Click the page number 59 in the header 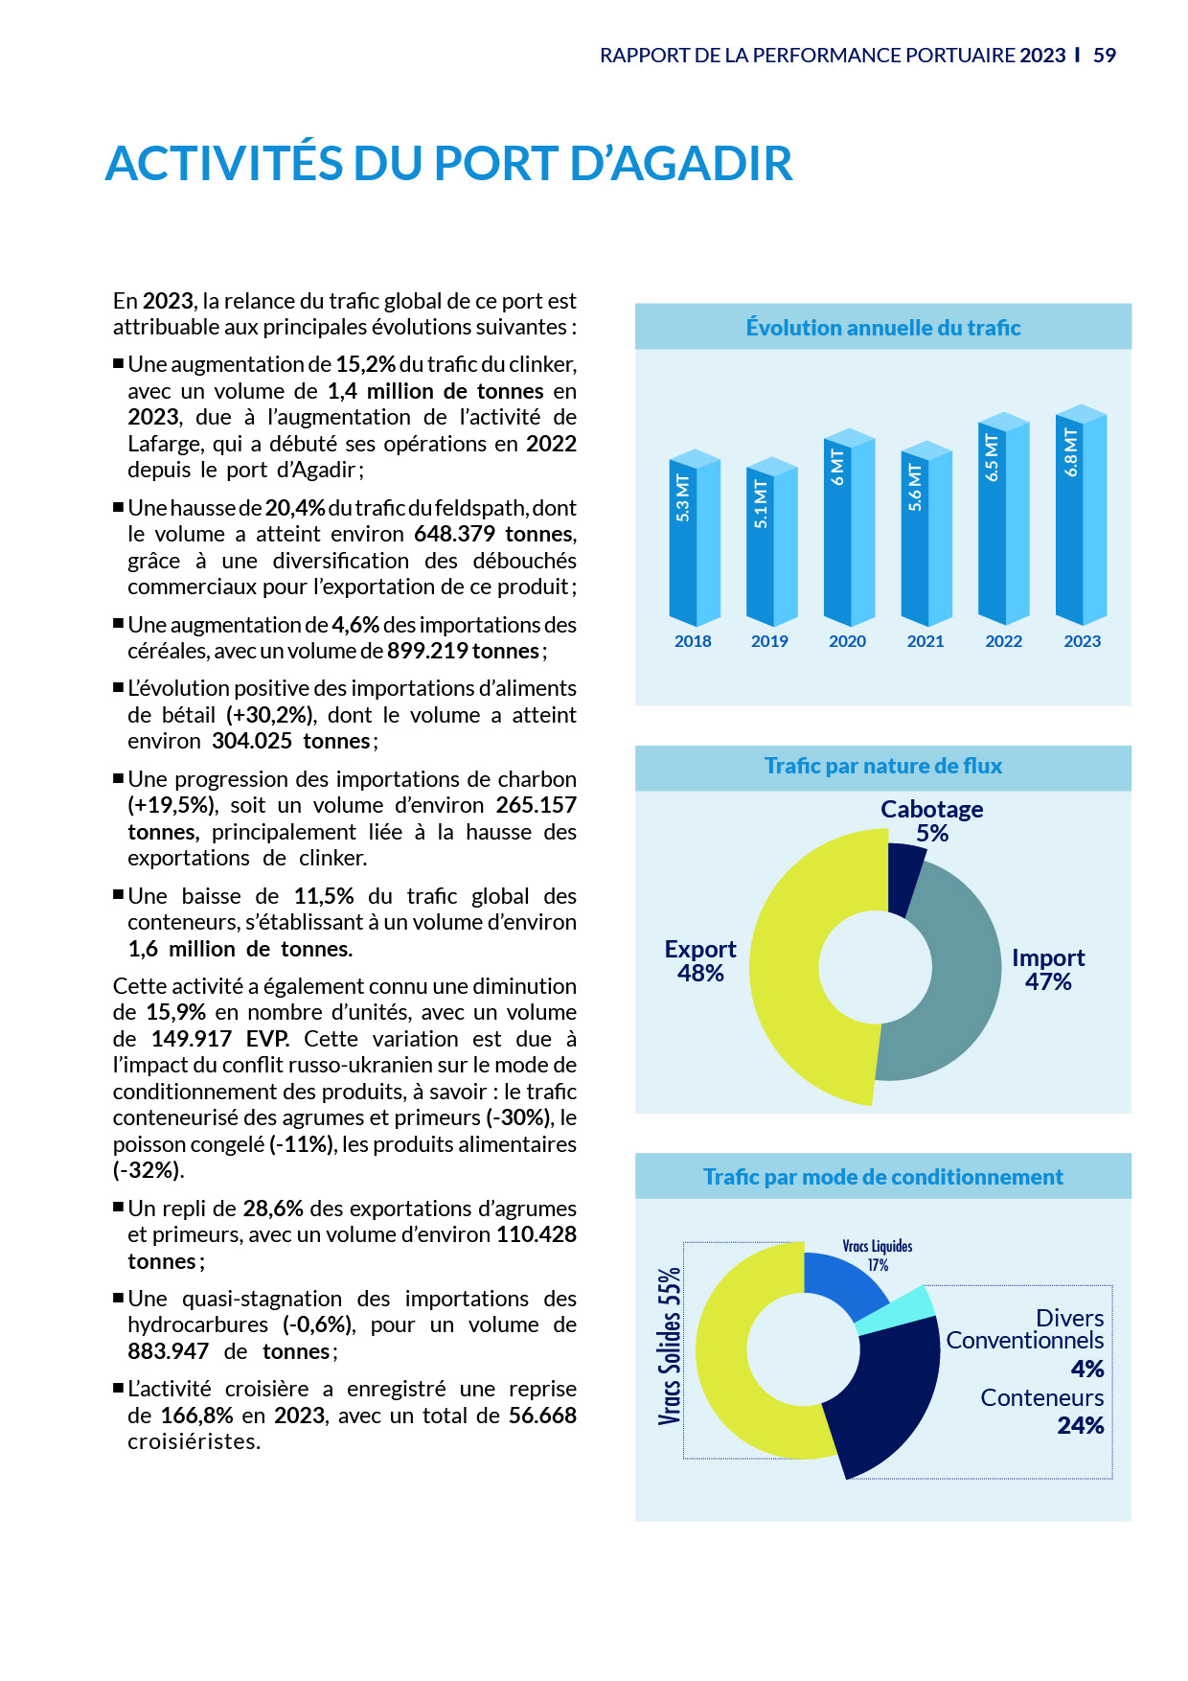point(1105,56)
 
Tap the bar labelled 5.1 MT point(771,546)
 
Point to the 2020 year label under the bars point(847,641)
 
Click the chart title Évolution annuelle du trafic point(882,328)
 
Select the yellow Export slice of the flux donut point(805,968)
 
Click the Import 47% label point(1048,969)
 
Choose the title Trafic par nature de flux point(882,766)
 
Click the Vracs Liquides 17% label point(878,1255)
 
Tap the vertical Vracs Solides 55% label point(669,1347)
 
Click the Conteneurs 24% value point(1080,1426)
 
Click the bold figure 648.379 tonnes point(494,534)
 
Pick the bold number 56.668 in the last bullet point(542,1416)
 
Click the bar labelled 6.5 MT point(1002,522)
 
